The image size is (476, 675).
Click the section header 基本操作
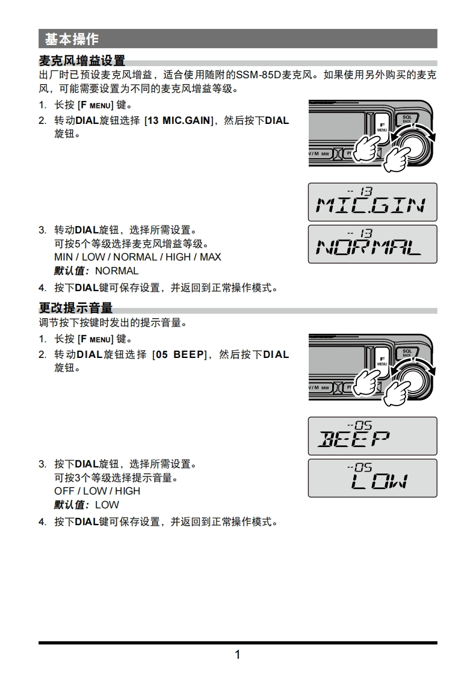(x=72, y=39)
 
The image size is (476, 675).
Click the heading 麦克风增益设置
(x=82, y=61)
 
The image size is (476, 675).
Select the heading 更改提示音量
(x=76, y=308)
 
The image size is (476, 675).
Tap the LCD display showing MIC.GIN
(x=372, y=202)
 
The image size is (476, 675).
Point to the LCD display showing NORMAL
(x=372, y=244)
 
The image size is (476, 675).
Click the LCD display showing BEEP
(x=372, y=436)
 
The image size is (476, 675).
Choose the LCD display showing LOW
(x=372, y=478)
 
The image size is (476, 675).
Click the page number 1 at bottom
(x=237, y=655)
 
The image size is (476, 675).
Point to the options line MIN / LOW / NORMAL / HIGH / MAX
(x=137, y=257)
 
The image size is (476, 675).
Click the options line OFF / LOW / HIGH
(x=97, y=491)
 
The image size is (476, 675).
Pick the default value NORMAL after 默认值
(x=117, y=271)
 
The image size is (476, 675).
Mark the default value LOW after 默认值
(x=107, y=505)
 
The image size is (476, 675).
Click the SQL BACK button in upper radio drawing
(x=407, y=119)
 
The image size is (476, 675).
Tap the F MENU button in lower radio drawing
(x=382, y=361)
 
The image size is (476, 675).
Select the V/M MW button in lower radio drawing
(x=320, y=387)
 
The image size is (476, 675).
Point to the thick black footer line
(x=238, y=643)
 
